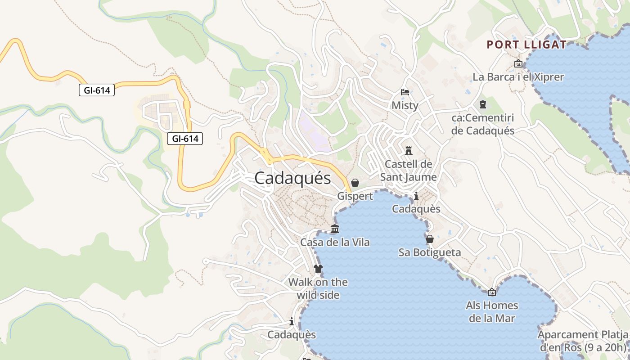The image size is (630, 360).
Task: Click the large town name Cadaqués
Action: [x=292, y=178]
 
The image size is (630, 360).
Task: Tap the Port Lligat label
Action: [x=526, y=45]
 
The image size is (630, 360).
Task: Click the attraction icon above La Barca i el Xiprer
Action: [x=518, y=63]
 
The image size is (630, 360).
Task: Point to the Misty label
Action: [x=405, y=105]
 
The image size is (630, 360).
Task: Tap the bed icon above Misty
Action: [x=405, y=92]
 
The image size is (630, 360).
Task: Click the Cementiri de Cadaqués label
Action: [x=482, y=124]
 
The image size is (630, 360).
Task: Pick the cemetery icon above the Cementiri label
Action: [x=483, y=104]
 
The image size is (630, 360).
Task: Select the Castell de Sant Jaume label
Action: [x=408, y=170]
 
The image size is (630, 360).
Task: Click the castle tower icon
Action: [x=409, y=150]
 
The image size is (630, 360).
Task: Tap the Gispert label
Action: [x=355, y=196]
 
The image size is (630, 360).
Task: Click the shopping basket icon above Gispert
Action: [x=355, y=182]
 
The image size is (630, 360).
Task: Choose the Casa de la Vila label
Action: [x=335, y=242]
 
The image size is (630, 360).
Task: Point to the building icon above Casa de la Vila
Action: [x=334, y=229]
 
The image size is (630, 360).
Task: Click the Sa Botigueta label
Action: [x=430, y=252]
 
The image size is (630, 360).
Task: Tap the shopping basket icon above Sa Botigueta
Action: [x=430, y=238]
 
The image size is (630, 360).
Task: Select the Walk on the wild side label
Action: [x=318, y=288]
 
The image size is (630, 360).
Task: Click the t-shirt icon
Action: [x=318, y=269]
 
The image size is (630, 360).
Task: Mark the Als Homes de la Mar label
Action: [x=492, y=312]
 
